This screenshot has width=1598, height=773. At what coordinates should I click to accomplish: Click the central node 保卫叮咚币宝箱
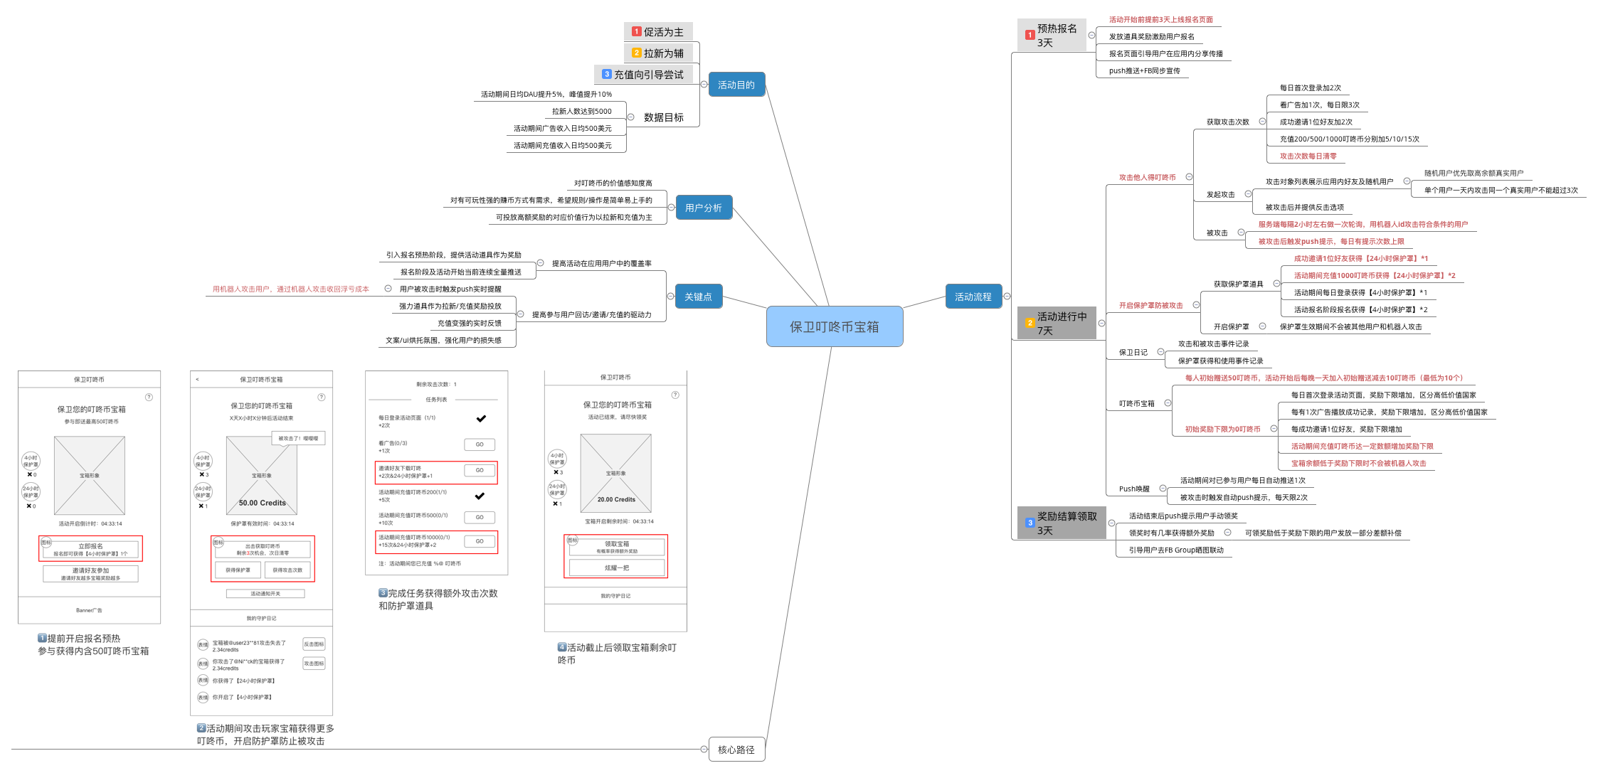point(834,326)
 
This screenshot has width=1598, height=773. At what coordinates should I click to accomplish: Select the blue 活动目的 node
point(736,85)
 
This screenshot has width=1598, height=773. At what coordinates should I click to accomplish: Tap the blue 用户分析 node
point(703,208)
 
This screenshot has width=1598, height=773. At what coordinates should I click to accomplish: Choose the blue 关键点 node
point(698,297)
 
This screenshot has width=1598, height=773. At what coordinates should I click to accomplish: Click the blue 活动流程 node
point(973,297)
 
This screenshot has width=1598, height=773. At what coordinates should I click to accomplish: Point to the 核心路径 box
point(736,750)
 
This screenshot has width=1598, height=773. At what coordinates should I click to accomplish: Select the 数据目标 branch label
point(663,117)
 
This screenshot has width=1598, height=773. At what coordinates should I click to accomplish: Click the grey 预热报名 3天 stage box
point(1052,36)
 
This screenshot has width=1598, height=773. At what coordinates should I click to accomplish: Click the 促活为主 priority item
point(658,32)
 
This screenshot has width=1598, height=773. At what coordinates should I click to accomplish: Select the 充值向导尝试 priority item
point(643,75)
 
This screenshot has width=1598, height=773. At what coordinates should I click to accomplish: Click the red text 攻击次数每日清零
point(1308,156)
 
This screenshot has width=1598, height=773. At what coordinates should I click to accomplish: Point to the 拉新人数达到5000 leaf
point(581,112)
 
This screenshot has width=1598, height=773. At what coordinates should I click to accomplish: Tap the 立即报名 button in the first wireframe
point(90,549)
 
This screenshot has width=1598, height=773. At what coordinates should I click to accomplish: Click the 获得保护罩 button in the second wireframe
point(238,570)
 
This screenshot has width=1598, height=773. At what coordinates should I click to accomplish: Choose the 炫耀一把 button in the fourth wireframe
point(616,568)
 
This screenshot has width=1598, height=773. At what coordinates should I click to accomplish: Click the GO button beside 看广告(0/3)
point(479,444)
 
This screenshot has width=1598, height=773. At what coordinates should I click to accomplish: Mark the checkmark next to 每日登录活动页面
point(481,419)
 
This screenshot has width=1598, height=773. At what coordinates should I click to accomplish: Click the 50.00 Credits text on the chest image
point(262,503)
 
